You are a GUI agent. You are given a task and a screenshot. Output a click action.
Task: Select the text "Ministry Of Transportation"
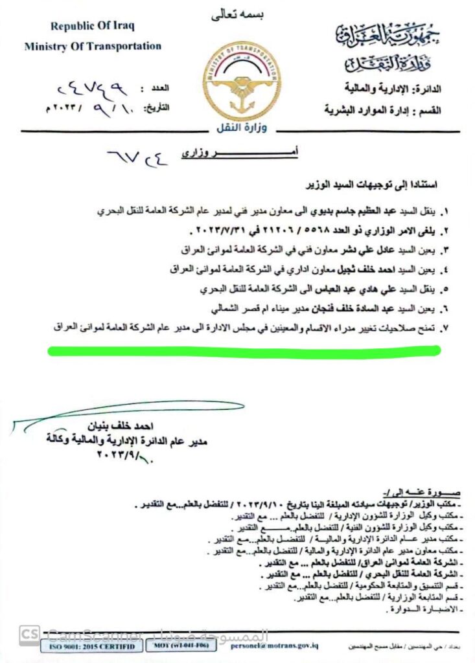[93, 46]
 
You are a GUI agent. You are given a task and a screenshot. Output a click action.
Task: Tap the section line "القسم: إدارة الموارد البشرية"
[383, 111]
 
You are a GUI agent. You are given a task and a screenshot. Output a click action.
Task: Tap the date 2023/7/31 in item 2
[216, 230]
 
